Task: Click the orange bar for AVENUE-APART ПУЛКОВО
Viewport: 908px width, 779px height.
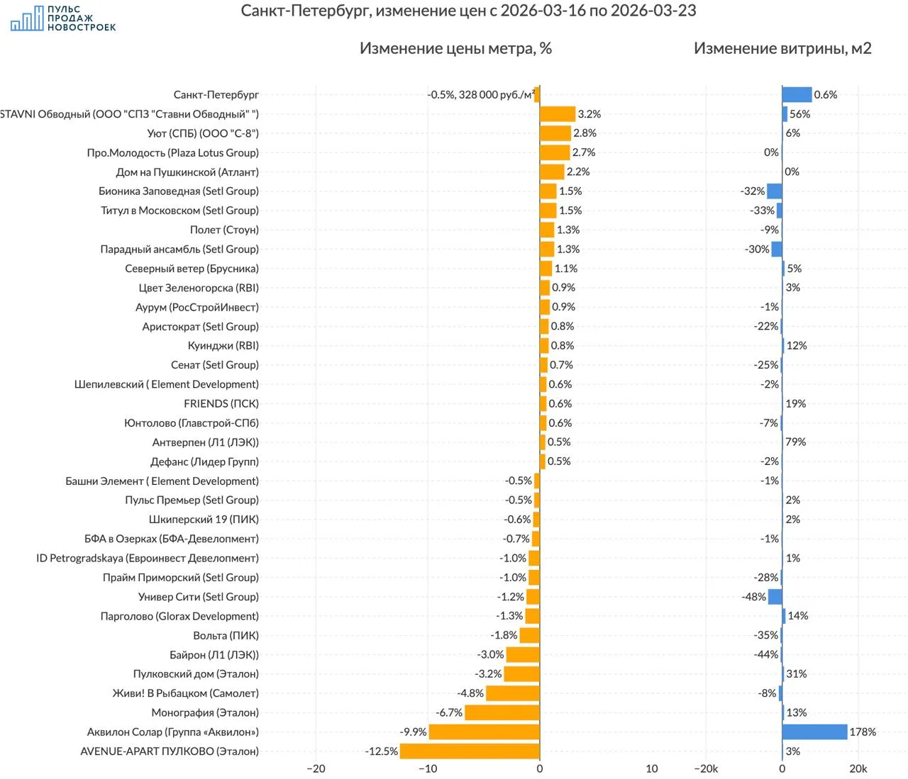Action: pos(470,751)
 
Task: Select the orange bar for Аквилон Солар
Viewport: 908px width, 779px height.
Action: pos(484,732)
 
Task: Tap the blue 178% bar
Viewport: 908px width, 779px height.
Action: pos(814,732)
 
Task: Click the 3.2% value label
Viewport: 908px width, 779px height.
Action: pos(589,114)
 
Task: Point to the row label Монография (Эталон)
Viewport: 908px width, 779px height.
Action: pos(205,712)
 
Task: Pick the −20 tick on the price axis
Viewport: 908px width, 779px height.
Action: pos(316,768)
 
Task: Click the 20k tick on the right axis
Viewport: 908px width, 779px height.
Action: pos(858,768)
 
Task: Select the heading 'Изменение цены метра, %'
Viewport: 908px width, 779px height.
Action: pos(455,48)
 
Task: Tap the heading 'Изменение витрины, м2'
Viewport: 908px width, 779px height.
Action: pos(782,48)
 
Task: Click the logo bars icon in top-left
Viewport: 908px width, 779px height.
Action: pos(26,19)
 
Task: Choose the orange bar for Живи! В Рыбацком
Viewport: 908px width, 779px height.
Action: pos(512,693)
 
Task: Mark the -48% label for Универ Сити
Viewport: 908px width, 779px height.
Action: pos(753,597)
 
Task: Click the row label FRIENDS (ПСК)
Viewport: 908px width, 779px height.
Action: pos(221,403)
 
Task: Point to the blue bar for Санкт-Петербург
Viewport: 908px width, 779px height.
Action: pos(797,94)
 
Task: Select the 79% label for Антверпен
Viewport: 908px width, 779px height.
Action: pos(795,442)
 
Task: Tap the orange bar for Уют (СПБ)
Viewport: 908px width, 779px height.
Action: pos(555,133)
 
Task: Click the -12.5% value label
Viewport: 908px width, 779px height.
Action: pos(382,751)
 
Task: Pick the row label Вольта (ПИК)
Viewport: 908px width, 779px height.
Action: pos(226,635)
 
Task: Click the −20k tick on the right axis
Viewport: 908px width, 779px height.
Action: pos(705,768)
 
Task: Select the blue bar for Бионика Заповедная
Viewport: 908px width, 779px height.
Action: pos(775,191)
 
